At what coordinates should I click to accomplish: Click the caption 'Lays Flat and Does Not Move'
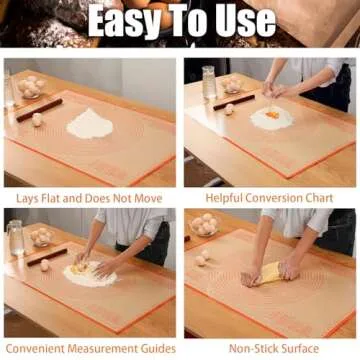tap(89, 198)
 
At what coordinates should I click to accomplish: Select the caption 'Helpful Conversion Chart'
tap(270, 198)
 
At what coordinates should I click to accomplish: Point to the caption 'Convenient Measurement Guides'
tap(89, 348)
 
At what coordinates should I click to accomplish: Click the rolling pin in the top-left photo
tap(38, 109)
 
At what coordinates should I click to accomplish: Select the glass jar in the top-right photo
tap(209, 81)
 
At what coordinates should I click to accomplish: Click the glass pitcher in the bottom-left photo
tap(17, 238)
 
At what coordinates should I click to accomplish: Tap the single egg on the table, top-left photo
tap(38, 119)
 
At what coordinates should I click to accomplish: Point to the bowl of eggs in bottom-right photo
tap(203, 224)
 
